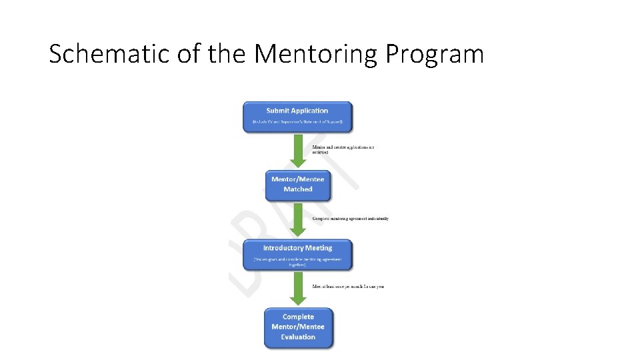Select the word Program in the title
click(x=434, y=54)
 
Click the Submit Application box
click(x=297, y=117)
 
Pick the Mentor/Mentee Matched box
click(x=297, y=185)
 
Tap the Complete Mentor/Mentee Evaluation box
click(x=298, y=327)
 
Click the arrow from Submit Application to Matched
click(x=297, y=151)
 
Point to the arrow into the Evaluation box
click(x=297, y=289)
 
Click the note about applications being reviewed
click(x=343, y=149)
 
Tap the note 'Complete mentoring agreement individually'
click(x=350, y=219)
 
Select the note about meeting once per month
click(x=348, y=287)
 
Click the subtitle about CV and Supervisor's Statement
click(x=297, y=122)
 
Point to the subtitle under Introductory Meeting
click(x=297, y=261)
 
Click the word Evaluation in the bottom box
click(x=298, y=337)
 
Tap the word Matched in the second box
click(x=297, y=189)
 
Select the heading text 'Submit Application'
click(x=297, y=111)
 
